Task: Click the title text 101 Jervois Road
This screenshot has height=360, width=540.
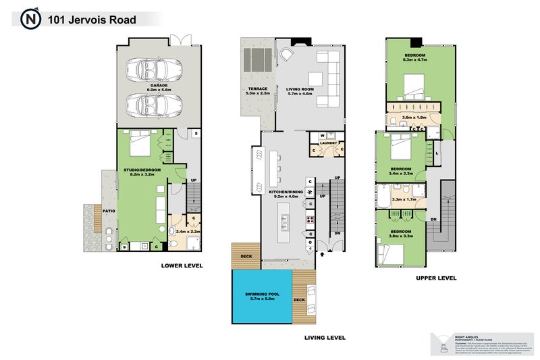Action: point(91,20)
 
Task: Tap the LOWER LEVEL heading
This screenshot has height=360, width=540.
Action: point(182,265)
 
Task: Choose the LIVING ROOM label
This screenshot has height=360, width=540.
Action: point(300,90)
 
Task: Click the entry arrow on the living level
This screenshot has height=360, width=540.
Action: point(322,255)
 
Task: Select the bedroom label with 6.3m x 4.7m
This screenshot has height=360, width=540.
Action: point(415,57)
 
